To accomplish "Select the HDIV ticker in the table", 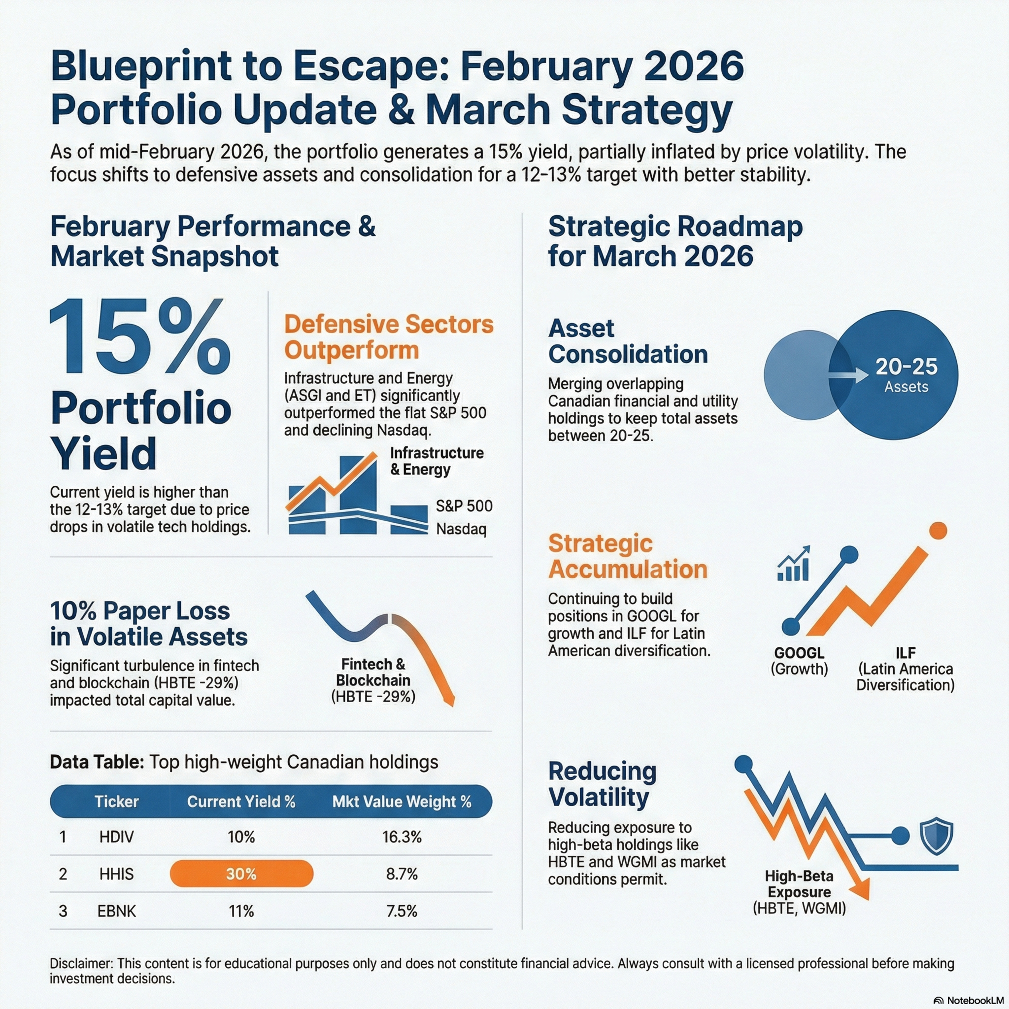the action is coord(116,837).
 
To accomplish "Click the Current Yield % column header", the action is coord(241,802).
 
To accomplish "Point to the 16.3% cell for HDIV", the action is coord(402,837).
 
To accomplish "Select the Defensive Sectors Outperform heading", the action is coord(388,337).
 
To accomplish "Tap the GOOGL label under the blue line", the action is coord(799,653).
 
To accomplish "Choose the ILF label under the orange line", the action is coord(906,653).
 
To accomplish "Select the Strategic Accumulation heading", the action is coord(628,556).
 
